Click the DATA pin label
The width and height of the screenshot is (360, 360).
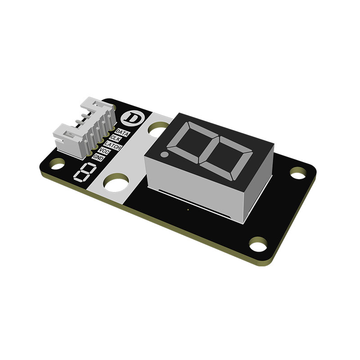click(x=122, y=132)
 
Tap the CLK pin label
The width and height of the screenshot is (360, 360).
click(x=115, y=139)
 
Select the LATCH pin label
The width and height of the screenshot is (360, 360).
click(x=112, y=145)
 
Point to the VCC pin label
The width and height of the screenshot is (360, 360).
click(x=104, y=151)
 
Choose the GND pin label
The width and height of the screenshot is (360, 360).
click(x=99, y=157)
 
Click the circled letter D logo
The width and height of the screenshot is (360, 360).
click(x=130, y=118)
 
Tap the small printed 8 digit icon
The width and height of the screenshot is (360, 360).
click(x=85, y=172)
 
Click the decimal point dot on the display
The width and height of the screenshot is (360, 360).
click(x=164, y=154)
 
